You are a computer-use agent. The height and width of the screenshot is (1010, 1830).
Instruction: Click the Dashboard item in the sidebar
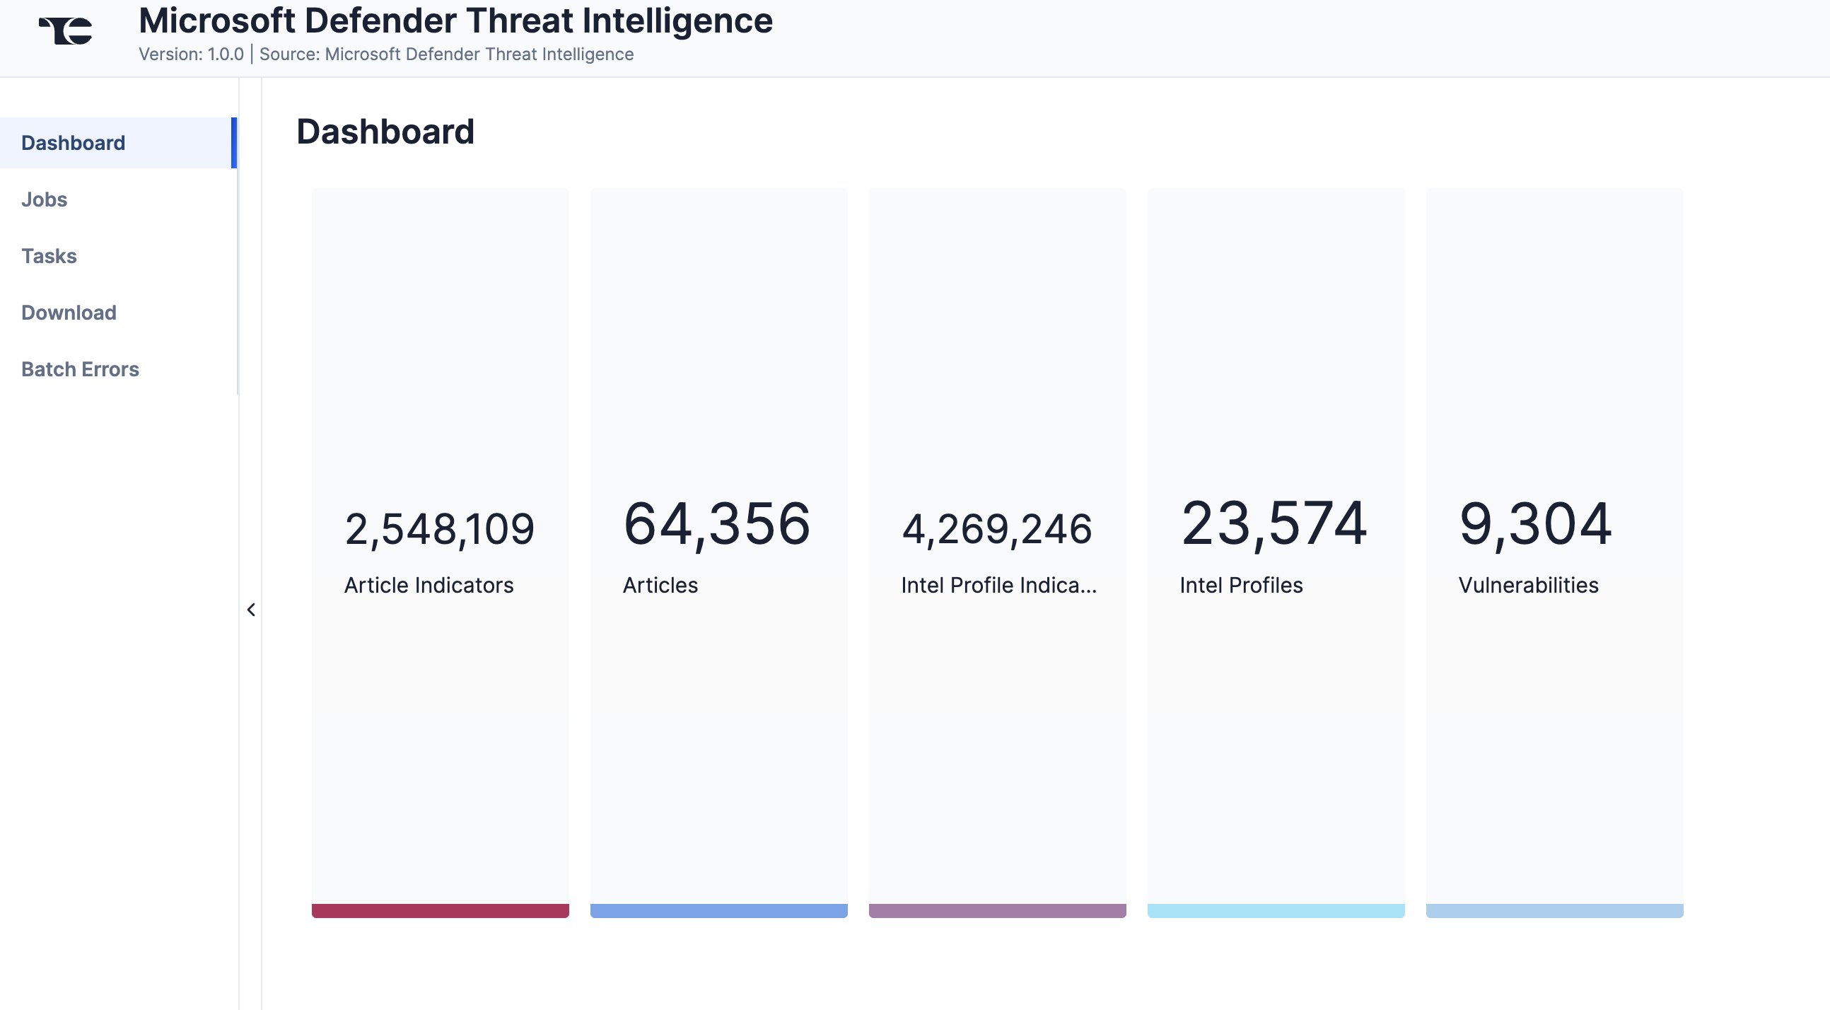click(x=73, y=143)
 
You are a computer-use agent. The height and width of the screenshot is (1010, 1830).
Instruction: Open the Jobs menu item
click(x=44, y=199)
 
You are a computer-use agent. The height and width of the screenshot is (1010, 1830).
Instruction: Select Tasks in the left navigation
click(x=49, y=256)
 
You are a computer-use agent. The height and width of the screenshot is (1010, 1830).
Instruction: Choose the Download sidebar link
click(x=69, y=313)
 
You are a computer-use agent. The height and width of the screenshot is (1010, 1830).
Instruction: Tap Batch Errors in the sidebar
click(x=81, y=370)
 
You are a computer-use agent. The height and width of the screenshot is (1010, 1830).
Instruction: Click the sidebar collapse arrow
click(x=251, y=610)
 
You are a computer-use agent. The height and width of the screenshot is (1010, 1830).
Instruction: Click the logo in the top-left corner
click(x=66, y=30)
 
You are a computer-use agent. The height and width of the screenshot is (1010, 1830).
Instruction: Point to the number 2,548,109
click(x=439, y=530)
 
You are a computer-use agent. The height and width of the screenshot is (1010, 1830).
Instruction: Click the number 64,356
click(x=716, y=525)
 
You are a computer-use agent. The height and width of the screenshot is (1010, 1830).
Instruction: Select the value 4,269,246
click(x=997, y=530)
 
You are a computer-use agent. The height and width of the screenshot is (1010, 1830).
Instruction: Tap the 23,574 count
click(x=1274, y=525)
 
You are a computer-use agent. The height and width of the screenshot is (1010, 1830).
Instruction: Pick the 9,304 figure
click(x=1535, y=525)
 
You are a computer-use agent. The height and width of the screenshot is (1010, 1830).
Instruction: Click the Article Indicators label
click(x=429, y=585)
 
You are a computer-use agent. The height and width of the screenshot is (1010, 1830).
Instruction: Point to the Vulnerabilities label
click(x=1528, y=585)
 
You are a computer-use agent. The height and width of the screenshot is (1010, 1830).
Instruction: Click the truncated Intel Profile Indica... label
click(x=998, y=585)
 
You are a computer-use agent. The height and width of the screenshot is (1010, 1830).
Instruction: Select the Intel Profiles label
click(x=1241, y=585)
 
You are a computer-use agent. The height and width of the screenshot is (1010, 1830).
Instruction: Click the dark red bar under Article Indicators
click(x=440, y=910)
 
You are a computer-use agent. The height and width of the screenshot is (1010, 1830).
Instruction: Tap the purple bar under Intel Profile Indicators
click(x=997, y=910)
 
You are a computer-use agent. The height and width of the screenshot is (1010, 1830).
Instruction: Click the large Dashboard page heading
click(x=385, y=132)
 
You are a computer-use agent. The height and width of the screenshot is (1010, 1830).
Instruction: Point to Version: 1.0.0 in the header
click(x=191, y=54)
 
